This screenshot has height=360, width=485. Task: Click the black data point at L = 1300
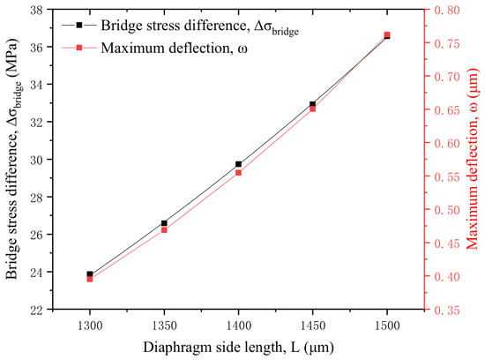point(90,274)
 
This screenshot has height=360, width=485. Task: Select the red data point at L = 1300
point(90,279)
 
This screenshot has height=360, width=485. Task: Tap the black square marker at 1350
point(164,223)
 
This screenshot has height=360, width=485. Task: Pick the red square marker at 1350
point(164,230)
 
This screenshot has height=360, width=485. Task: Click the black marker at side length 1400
point(238,164)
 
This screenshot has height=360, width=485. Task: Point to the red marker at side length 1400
point(238,172)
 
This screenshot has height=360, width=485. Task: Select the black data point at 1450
point(313,104)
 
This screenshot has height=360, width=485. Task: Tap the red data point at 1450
point(313,109)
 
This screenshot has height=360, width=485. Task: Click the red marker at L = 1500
point(387,34)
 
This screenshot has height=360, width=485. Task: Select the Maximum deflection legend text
point(174,49)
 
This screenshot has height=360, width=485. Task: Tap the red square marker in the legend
point(79,48)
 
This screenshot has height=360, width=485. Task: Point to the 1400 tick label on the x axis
point(238,326)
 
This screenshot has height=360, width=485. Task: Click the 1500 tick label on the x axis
point(387,326)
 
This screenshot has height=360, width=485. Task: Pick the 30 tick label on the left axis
point(36,160)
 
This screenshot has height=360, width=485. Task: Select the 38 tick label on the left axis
point(36,10)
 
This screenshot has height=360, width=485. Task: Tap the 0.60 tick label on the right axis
point(447,143)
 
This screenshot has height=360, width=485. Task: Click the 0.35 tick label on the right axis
point(447,311)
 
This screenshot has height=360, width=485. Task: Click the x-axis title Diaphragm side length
point(238,348)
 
